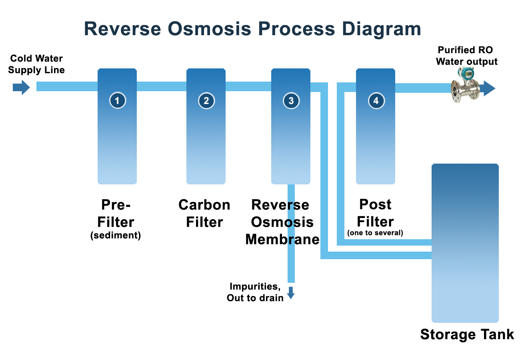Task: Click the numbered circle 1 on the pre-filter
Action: pos(118,100)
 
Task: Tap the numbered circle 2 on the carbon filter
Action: pos(206,100)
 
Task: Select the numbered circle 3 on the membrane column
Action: pos(291,100)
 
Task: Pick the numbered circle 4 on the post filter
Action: pos(376,100)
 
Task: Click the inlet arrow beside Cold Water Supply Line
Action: pos(21,87)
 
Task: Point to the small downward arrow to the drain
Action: pos(291,293)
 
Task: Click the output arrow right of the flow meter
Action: pos(488,88)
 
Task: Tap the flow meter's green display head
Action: pos(466,73)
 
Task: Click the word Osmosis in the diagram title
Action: pos(209,29)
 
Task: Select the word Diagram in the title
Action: pos(382,29)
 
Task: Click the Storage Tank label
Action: pos(467,334)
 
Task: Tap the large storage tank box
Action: pos(465,243)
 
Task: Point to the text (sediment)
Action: pos(116,235)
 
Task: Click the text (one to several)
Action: pos(375,233)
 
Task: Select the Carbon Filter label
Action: pos(204,213)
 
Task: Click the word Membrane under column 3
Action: pos(282,239)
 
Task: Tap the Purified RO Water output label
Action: pos(466,56)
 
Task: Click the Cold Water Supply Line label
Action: pos(36,64)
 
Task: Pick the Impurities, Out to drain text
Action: pos(255,292)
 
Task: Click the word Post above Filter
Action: pos(375,204)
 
